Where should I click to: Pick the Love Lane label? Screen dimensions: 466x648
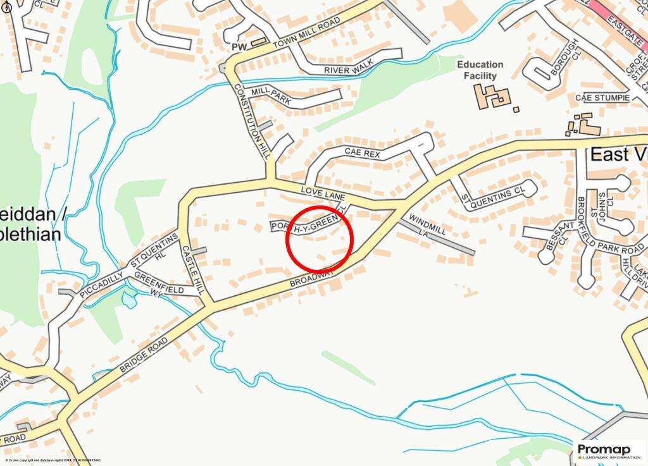[x=323, y=193]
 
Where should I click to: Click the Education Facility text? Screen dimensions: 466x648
[x=480, y=70]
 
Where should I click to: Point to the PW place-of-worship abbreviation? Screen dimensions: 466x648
[x=239, y=46]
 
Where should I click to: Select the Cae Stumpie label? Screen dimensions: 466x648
[x=602, y=98]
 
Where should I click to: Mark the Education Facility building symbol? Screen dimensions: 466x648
[x=493, y=96]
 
